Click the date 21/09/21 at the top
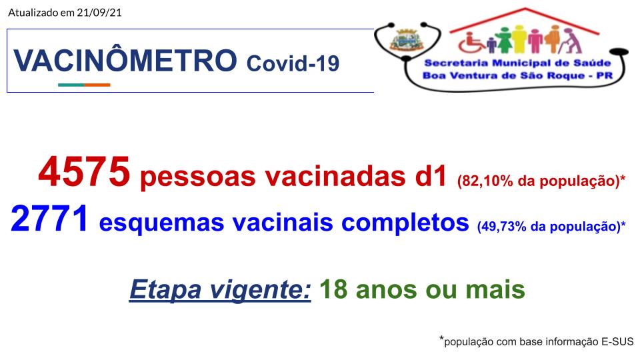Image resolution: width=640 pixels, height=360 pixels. (99, 12)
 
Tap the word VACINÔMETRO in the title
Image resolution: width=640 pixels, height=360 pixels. (125, 61)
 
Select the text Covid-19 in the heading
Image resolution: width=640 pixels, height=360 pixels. (293, 63)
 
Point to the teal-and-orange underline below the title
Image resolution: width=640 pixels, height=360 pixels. (84, 85)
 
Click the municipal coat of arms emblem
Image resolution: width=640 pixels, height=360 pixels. (406, 40)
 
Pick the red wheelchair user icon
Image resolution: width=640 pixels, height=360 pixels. (471, 43)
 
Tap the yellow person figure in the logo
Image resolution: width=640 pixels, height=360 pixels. (519, 39)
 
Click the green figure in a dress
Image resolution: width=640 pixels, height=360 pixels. (504, 40)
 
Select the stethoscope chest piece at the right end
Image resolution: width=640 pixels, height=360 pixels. (619, 51)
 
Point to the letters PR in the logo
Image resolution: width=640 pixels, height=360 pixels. (605, 75)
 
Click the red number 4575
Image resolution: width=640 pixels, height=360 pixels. (84, 172)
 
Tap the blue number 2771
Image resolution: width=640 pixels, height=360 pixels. (49, 219)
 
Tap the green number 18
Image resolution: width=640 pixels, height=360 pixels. (333, 289)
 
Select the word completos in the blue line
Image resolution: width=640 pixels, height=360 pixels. (405, 224)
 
